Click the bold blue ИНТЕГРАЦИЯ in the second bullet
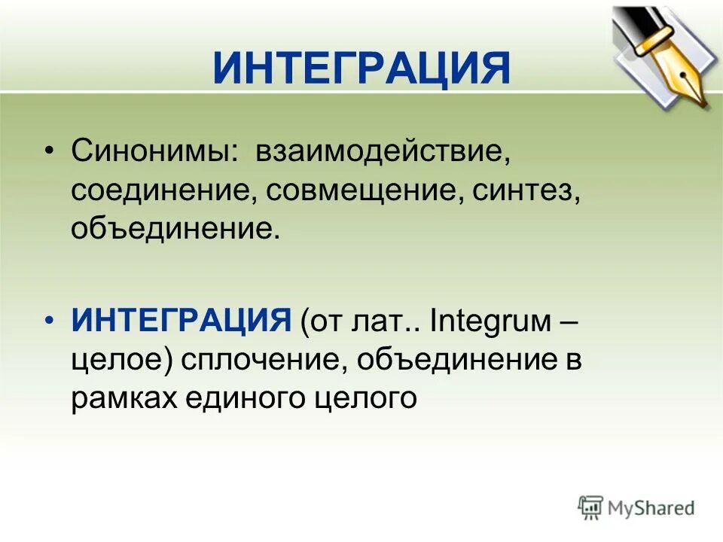(182, 323)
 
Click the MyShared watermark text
(652, 508)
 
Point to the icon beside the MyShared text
(590, 507)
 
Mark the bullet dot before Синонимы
(49, 151)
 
